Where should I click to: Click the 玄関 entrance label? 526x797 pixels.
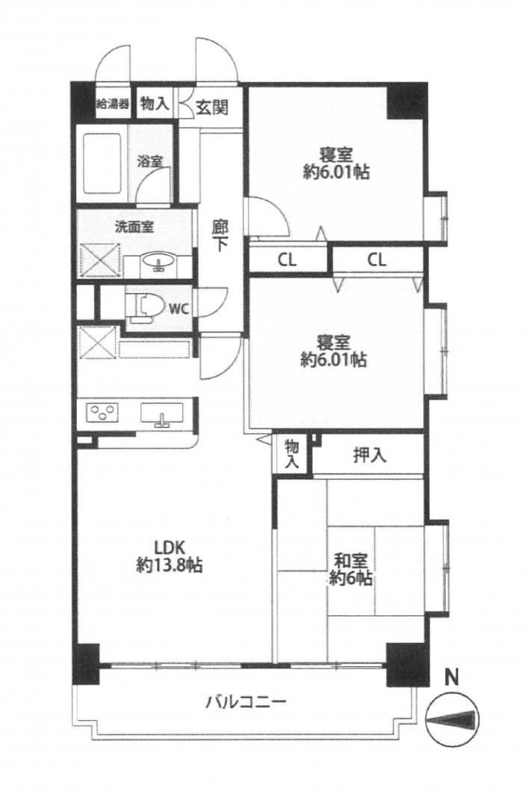tap(211, 107)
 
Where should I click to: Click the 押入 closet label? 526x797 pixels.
tap(370, 455)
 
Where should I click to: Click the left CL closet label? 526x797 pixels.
tap(287, 260)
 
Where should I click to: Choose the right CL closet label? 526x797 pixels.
tap(377, 260)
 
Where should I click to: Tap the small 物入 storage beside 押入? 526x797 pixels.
tap(292, 454)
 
